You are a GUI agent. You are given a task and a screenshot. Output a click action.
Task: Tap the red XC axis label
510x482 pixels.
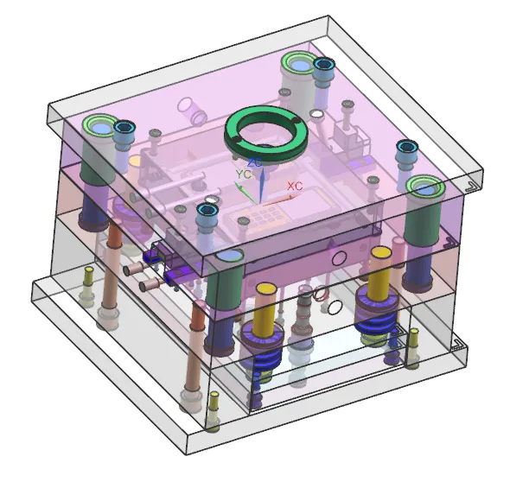[295, 187]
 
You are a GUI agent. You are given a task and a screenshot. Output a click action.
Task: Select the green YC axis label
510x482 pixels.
[244, 174]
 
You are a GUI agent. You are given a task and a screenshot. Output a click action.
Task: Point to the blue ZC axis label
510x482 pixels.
[255, 162]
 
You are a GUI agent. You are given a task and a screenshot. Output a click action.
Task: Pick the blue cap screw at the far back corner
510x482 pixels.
[323, 65]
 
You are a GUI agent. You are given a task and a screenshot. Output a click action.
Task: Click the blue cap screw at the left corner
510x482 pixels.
[124, 128]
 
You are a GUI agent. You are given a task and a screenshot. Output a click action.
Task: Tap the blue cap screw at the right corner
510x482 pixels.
[406, 147]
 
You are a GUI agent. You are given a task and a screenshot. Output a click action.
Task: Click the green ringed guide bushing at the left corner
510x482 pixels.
[99, 126]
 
